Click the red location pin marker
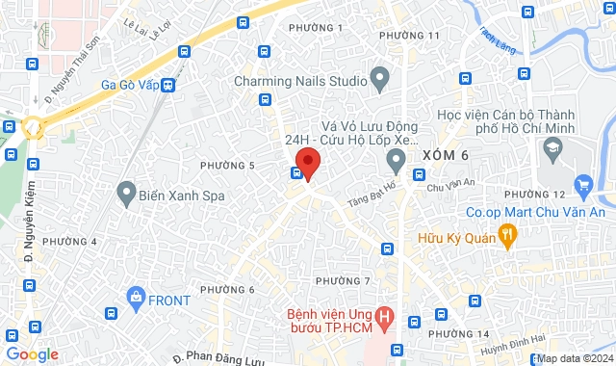pyautogui.click(x=307, y=161)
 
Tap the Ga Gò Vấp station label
pyautogui.click(x=129, y=84)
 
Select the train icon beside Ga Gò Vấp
pyautogui.click(x=168, y=85)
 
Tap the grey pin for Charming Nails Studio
pyautogui.click(x=379, y=76)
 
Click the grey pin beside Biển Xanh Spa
pyautogui.click(x=125, y=194)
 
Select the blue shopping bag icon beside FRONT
pyautogui.click(x=134, y=299)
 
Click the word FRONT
pyautogui.click(x=169, y=300)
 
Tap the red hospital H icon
pyautogui.click(x=385, y=314)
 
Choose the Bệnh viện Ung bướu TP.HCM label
pyautogui.click(x=327, y=322)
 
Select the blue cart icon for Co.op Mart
pyautogui.click(x=582, y=184)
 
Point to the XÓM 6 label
pyautogui.click(x=445, y=156)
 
